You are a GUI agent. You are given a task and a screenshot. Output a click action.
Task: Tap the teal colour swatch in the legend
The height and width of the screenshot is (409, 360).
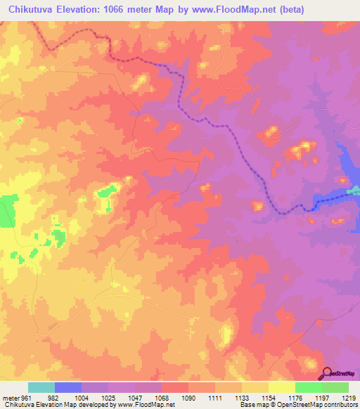pyautogui.click(x=41, y=387)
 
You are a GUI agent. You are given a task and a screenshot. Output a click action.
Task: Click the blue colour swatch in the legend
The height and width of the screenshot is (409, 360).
pyautogui.click(x=67, y=387)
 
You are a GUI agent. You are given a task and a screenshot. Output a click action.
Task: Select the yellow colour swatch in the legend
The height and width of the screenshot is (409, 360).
pyautogui.click(x=281, y=387)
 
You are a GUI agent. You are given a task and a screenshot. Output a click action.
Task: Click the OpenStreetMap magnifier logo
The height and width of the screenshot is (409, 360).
pyautogui.click(x=327, y=373)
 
